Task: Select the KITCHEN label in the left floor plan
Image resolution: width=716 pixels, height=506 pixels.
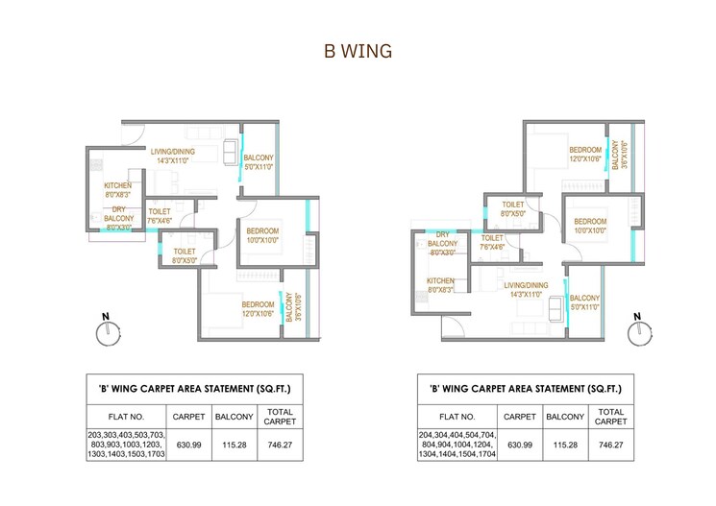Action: [x=117, y=189]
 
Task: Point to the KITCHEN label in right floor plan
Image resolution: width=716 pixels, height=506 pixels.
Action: [x=441, y=285]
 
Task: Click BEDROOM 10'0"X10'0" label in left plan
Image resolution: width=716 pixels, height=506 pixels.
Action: [x=261, y=235]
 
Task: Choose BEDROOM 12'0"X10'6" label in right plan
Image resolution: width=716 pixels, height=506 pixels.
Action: [x=585, y=155]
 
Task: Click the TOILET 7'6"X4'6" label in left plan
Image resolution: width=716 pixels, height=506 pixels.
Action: [x=160, y=215]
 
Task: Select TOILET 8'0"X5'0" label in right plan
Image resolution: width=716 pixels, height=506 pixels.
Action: [x=512, y=209]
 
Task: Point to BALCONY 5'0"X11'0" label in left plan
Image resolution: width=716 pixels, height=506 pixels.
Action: [x=259, y=162]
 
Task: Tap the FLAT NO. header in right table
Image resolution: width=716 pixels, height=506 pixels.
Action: [x=457, y=417]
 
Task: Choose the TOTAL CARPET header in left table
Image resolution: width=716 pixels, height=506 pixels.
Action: [x=280, y=416]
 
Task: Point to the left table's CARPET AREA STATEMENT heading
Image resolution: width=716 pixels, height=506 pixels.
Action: [x=194, y=389]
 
